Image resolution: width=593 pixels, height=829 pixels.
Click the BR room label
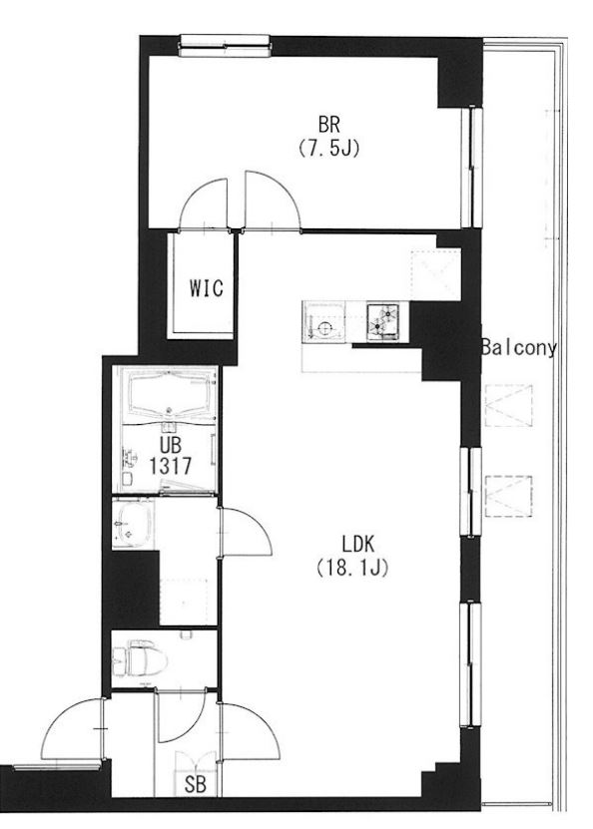[328, 126]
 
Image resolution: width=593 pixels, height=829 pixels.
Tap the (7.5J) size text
[328, 149]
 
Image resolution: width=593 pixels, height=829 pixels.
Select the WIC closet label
[207, 288]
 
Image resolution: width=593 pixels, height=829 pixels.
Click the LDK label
[358, 544]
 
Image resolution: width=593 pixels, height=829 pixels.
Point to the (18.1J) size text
[352, 568]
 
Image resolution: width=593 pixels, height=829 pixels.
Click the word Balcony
[519, 349]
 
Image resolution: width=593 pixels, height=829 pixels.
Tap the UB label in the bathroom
[171, 443]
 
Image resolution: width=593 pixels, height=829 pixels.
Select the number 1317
[171, 466]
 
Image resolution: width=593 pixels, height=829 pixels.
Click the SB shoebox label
[195, 785]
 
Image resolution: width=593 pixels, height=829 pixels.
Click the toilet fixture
[140, 657]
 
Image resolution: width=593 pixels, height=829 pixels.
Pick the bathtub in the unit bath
[170, 394]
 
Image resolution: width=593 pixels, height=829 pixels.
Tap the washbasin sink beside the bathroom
[133, 524]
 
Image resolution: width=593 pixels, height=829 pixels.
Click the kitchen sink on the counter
[323, 322]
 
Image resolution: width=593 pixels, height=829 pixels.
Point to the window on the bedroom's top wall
[226, 46]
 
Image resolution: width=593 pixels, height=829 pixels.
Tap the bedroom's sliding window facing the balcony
[472, 167]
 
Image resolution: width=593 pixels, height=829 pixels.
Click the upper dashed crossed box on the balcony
[508, 405]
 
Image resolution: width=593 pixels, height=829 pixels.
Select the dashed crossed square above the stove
[435, 275]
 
